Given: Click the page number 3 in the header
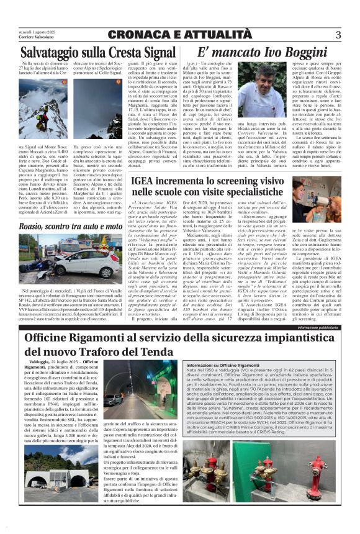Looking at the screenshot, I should (x=338, y=35).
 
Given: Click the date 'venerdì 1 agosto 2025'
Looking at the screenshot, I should (x=34, y=31).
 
